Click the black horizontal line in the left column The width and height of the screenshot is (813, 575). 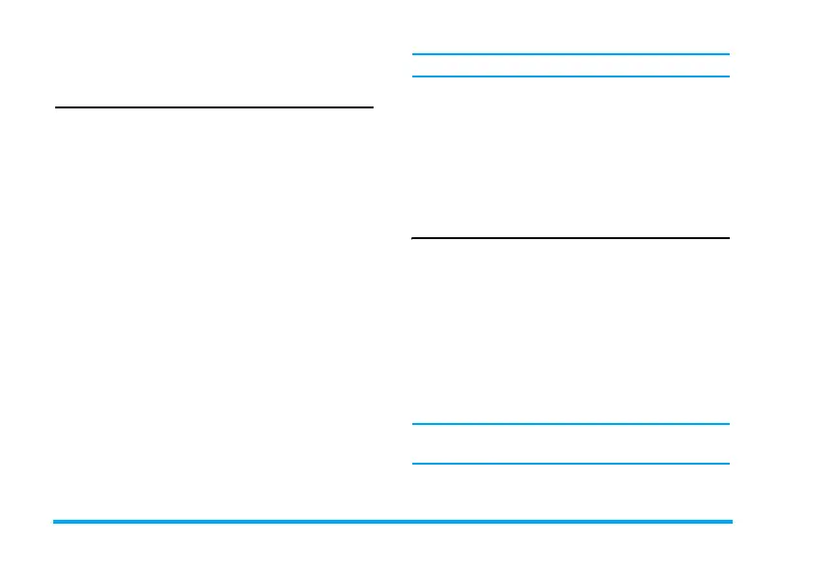click(214, 107)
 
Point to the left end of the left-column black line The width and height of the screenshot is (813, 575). click(56, 107)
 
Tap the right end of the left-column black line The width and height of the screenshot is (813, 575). click(372, 107)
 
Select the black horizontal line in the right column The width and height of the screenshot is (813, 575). click(570, 237)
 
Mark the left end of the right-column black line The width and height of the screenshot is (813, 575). click(413, 237)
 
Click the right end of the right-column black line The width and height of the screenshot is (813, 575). click(728, 237)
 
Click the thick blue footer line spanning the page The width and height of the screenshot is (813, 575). click(392, 522)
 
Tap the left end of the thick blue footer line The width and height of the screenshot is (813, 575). click(54, 522)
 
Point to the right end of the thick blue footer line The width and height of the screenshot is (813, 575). click(732, 522)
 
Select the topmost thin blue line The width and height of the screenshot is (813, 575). click(570, 54)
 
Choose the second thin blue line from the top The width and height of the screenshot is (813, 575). click(570, 76)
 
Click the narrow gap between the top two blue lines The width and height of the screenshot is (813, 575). click(570, 66)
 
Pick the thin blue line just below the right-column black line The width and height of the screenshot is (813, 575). click(570, 423)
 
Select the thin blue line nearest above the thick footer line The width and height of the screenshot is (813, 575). click(570, 464)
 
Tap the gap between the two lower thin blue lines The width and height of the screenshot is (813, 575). click(570, 443)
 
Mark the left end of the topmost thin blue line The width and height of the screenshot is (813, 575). click(413, 54)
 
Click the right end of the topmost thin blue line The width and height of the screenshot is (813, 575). click(728, 54)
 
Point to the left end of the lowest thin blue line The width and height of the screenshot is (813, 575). click(413, 464)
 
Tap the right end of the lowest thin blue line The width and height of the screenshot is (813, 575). click(728, 464)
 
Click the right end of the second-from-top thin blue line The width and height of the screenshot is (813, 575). click(728, 76)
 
